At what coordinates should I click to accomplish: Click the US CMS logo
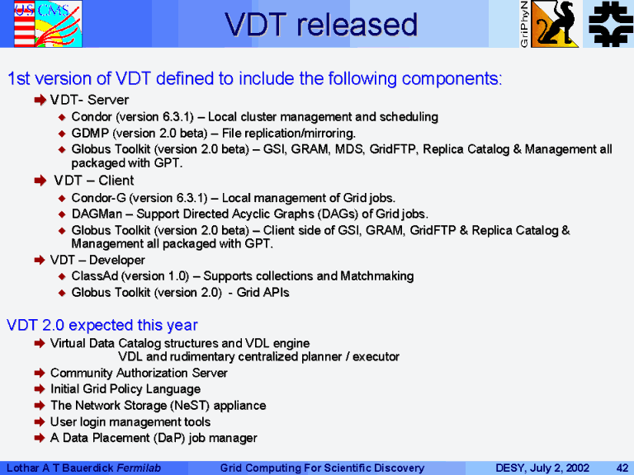[48, 24]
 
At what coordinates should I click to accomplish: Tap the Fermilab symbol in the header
[610, 24]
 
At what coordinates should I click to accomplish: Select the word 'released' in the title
[357, 25]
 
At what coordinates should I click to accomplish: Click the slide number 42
[622, 468]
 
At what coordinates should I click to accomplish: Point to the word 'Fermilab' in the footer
[139, 468]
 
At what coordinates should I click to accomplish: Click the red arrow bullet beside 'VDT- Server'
[40, 100]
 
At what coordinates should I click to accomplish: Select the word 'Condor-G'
[99, 198]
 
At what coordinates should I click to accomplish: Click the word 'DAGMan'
[97, 214]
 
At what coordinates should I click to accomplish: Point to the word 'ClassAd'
[95, 276]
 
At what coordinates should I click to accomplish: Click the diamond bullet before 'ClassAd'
[61, 276]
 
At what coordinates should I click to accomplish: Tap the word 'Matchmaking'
[376, 276]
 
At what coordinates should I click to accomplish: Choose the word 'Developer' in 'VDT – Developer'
[117, 260]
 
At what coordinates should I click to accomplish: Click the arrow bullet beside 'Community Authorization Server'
[40, 373]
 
